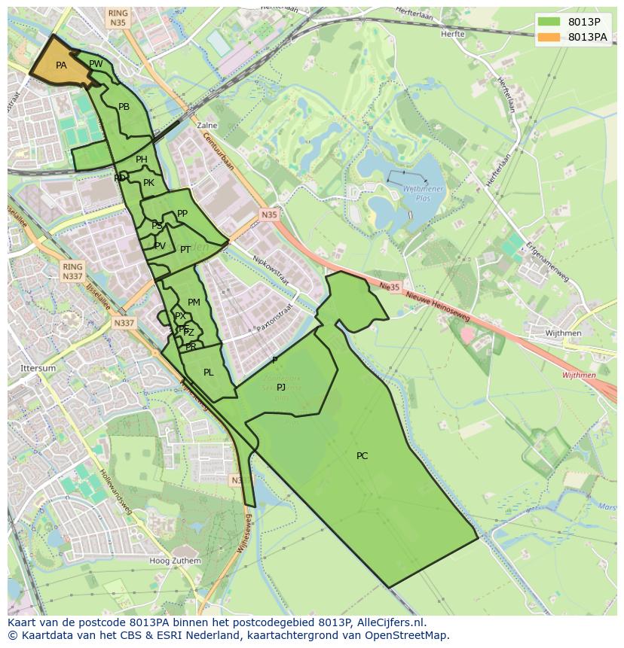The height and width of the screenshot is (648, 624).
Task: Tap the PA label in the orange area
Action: tap(61, 65)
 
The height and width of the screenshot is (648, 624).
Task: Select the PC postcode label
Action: tap(362, 455)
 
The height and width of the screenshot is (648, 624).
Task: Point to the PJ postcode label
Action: tap(281, 387)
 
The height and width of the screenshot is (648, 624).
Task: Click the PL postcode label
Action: tap(209, 372)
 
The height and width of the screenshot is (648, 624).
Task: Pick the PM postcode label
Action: tap(194, 303)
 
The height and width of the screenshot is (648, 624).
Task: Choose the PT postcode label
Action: tap(185, 249)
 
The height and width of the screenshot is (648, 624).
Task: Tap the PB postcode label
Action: tap(124, 107)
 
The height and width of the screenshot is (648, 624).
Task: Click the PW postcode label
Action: tap(96, 64)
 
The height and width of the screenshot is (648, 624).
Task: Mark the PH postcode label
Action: tap(142, 160)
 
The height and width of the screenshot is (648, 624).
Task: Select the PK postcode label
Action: tap(148, 183)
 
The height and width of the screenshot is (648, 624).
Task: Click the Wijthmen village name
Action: tap(564, 333)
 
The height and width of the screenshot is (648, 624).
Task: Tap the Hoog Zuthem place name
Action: tap(175, 561)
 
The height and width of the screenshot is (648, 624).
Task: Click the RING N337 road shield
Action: tap(73, 272)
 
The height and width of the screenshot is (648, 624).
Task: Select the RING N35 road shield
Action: tap(118, 18)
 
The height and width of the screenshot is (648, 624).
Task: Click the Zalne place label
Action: tap(206, 126)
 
